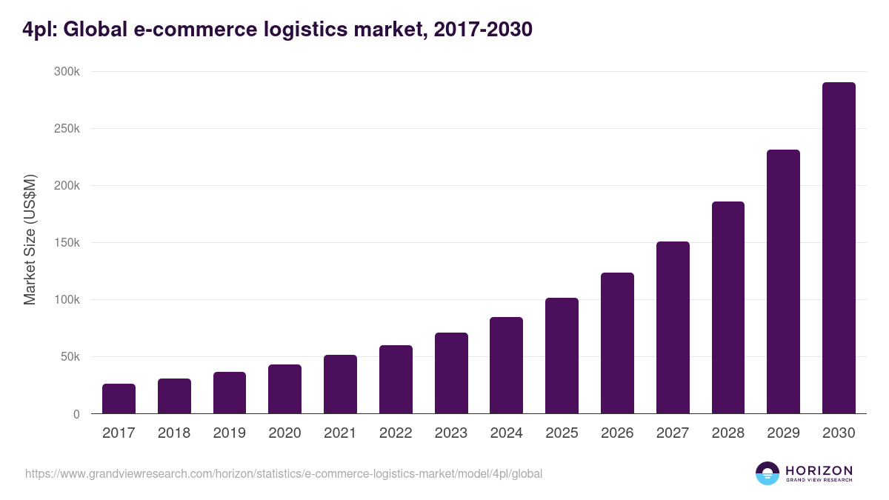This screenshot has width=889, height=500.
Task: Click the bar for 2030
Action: pyautogui.click(x=839, y=248)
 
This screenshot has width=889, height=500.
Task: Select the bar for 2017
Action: pyautogui.click(x=119, y=399)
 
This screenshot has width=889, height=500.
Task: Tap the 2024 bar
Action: pyautogui.click(x=506, y=365)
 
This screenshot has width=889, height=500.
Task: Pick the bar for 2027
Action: pyautogui.click(x=673, y=327)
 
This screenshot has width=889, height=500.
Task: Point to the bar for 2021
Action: pyautogui.click(x=340, y=384)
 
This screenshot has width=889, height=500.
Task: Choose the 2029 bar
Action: pyautogui.click(x=783, y=281)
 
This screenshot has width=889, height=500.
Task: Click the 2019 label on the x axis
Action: pyautogui.click(x=230, y=433)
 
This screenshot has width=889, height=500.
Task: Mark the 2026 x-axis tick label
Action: pyautogui.click(x=617, y=433)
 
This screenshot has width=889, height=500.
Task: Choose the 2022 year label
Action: pyautogui.click(x=396, y=433)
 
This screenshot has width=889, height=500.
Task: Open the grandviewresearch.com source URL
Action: pyautogui.click(x=284, y=473)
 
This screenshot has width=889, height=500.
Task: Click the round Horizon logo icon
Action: pyautogui.click(x=768, y=473)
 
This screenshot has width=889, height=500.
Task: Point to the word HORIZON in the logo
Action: pyautogui.click(x=819, y=470)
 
